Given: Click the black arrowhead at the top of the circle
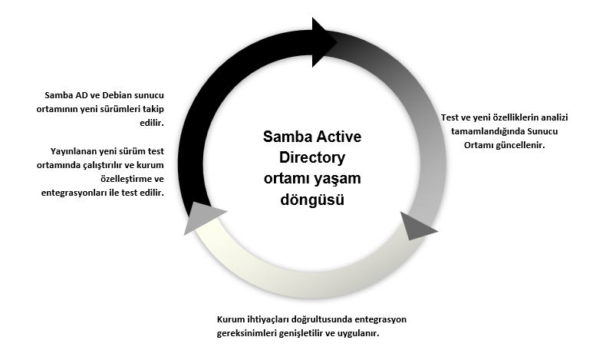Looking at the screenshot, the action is (323, 42).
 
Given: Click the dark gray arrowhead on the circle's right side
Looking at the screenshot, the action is (416, 226).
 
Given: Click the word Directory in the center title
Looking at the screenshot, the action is (312, 157).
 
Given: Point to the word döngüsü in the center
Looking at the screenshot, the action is (312, 200).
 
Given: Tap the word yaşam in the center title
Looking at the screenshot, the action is (338, 179).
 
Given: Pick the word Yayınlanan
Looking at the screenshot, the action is (74, 151).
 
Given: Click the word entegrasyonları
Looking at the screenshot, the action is (74, 193).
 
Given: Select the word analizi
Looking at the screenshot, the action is (554, 117).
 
